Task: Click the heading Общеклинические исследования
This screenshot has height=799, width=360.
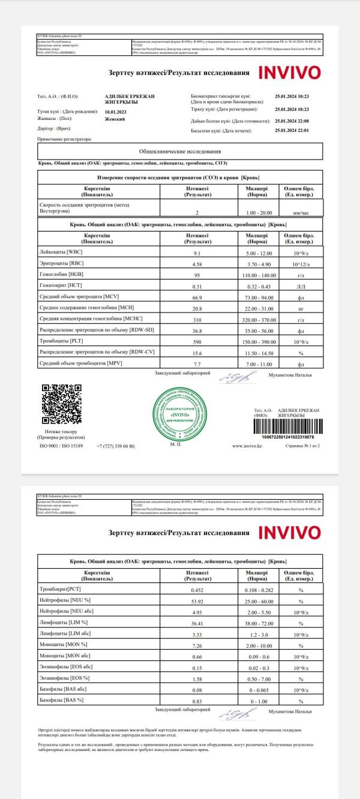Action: click(x=180, y=151)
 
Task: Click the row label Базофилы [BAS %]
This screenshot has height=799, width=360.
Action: click(x=61, y=699)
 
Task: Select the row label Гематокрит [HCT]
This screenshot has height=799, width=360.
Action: click(x=60, y=286)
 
